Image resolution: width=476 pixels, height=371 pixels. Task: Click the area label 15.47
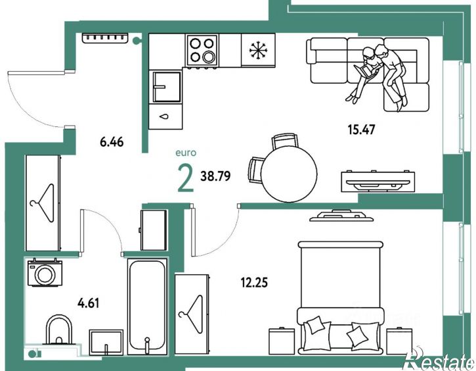click(361, 130)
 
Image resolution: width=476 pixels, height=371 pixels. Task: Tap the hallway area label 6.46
click(112, 142)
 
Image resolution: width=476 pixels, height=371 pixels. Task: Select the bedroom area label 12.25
click(254, 283)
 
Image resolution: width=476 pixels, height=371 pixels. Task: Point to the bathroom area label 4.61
click(89, 303)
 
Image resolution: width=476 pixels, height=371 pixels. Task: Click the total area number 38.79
click(215, 176)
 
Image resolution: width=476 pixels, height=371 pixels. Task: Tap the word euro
click(186, 153)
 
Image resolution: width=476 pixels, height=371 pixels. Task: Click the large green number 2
click(186, 178)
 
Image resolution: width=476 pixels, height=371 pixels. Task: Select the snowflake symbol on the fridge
click(258, 50)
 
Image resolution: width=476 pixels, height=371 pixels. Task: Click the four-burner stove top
click(202, 50)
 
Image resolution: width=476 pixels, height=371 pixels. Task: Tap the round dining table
click(289, 174)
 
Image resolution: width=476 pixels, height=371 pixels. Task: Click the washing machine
click(45, 272)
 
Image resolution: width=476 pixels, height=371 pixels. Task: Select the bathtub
click(147, 307)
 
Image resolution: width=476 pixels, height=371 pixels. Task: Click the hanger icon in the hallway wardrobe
click(42, 203)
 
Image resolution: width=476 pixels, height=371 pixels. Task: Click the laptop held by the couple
click(365, 72)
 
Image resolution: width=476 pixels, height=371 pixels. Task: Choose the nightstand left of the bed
click(282, 341)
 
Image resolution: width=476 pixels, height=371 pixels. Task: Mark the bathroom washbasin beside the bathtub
click(106, 342)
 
